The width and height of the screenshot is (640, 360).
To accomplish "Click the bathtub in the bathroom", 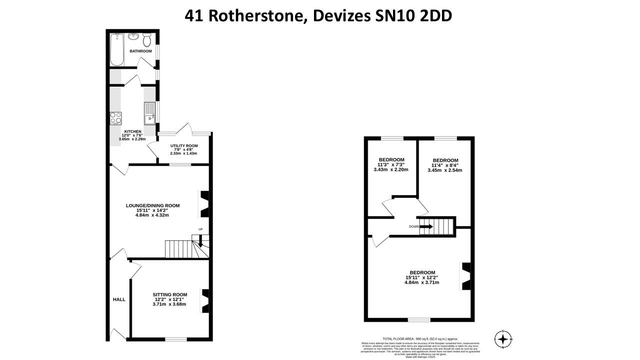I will click(x=117, y=49).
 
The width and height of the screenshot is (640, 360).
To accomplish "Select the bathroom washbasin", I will click(x=133, y=37).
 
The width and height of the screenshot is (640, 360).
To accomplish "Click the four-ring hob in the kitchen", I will click(x=116, y=118).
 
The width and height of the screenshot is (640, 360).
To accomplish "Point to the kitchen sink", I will click(x=149, y=113).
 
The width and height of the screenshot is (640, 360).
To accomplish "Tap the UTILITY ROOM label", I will click(x=184, y=146).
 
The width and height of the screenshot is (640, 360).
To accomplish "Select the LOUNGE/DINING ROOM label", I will click(x=152, y=205).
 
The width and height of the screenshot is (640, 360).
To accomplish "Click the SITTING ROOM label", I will click(x=170, y=294).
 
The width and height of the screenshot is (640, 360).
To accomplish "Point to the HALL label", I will click(x=119, y=299).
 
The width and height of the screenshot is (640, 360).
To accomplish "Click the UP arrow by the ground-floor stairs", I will click(x=200, y=242).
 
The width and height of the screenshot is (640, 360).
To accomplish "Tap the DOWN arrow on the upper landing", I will click(x=426, y=226).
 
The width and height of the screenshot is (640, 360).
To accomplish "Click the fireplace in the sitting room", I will click(x=205, y=300).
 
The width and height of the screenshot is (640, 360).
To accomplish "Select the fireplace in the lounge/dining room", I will click(x=205, y=204).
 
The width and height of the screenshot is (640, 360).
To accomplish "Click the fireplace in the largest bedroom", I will click(x=465, y=276).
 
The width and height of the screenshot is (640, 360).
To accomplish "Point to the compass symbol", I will click(x=503, y=339).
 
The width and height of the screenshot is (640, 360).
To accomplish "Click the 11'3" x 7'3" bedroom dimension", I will click(x=391, y=164).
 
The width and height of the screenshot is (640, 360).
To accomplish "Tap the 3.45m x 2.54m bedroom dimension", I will click(x=444, y=170).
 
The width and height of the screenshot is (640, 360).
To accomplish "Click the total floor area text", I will click(x=420, y=338).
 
